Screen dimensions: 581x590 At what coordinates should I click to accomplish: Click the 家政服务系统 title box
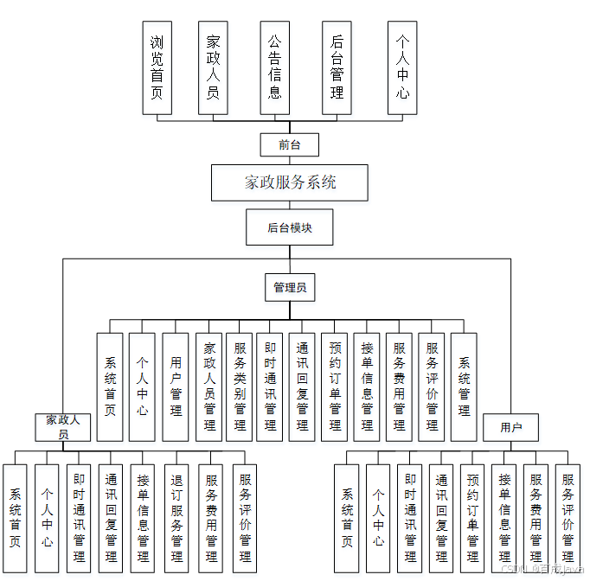(290, 182)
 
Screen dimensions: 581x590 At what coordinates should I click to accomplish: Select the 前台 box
(290, 144)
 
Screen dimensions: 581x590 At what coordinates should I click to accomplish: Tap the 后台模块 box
(289, 228)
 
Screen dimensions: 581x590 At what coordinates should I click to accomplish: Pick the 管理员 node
(290, 287)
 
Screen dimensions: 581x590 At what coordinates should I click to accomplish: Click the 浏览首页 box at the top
(157, 67)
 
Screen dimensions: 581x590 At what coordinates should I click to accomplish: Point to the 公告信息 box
(274, 67)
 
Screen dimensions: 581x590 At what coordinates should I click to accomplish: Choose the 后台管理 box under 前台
(337, 67)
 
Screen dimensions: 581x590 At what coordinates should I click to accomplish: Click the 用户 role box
(511, 427)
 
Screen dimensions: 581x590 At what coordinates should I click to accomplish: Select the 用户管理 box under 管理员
(176, 386)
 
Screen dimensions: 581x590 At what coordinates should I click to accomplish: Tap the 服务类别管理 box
(240, 386)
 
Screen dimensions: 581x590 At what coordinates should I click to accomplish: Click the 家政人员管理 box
(208, 386)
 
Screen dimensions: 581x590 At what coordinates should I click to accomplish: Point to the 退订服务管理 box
(176, 517)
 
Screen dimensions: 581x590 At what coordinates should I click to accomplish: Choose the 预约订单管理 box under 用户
(472, 517)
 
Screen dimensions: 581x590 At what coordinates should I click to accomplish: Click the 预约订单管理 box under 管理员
(336, 386)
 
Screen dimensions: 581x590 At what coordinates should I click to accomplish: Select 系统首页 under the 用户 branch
(347, 517)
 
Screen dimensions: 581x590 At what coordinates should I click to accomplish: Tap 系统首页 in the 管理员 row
(110, 386)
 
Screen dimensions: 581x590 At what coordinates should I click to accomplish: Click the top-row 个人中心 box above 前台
(402, 67)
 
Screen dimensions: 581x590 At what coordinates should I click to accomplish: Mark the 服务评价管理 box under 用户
(568, 517)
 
